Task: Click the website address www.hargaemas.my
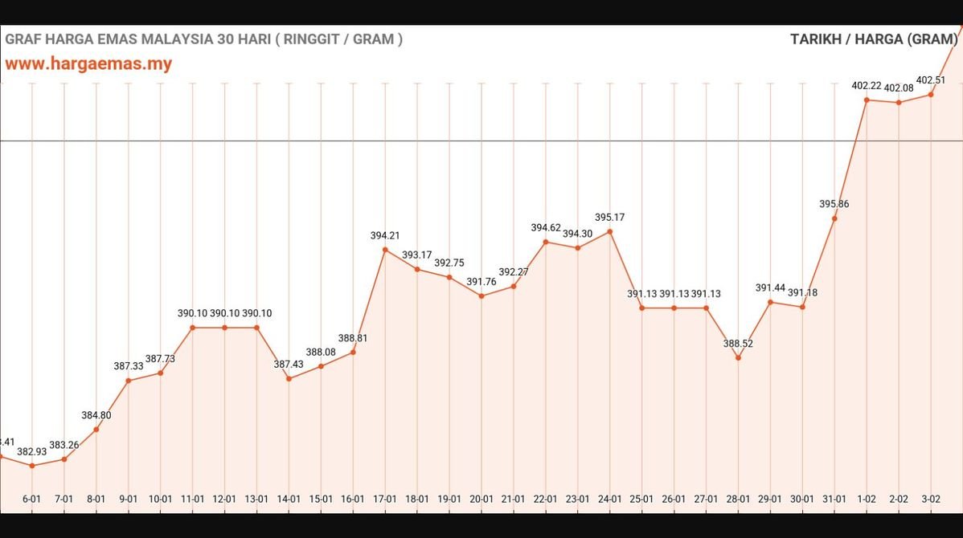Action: [88, 63]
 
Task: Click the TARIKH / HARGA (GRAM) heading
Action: [874, 39]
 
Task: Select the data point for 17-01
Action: [385, 250]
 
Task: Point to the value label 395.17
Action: [609, 218]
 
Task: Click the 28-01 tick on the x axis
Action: [738, 499]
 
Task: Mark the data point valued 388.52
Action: [738, 357]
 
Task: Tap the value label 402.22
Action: [867, 86]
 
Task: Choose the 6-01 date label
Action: [32, 499]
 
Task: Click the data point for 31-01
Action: [834, 218]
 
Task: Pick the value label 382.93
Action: [32, 451]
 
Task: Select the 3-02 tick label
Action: [931, 499]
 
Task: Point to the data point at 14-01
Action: [289, 378]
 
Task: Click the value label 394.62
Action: [546, 228]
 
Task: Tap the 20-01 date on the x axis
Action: [481, 499]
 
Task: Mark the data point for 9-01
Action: [129, 381]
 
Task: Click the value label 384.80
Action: [96, 415]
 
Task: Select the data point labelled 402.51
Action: [931, 94]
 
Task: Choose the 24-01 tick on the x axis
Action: [609, 499]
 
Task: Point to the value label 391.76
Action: [481, 282]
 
